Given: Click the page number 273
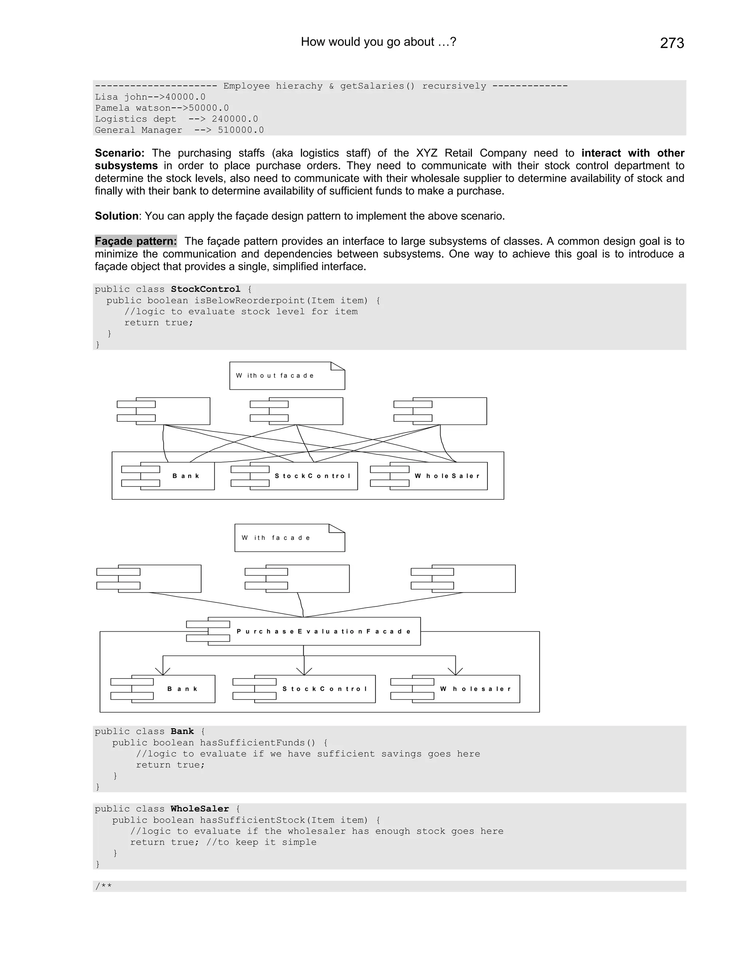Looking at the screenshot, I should (x=672, y=43).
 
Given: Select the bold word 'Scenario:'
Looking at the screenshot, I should (x=120, y=153).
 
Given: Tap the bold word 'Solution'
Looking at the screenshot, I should (x=116, y=216).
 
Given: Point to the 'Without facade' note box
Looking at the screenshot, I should (x=287, y=376).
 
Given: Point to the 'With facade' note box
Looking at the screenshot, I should (x=290, y=538).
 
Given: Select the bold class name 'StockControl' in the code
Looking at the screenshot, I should (x=205, y=289).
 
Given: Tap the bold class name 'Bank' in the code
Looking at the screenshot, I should (x=182, y=732).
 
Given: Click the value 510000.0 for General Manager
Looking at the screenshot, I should (x=240, y=130).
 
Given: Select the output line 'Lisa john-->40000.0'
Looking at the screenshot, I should (x=150, y=97).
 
